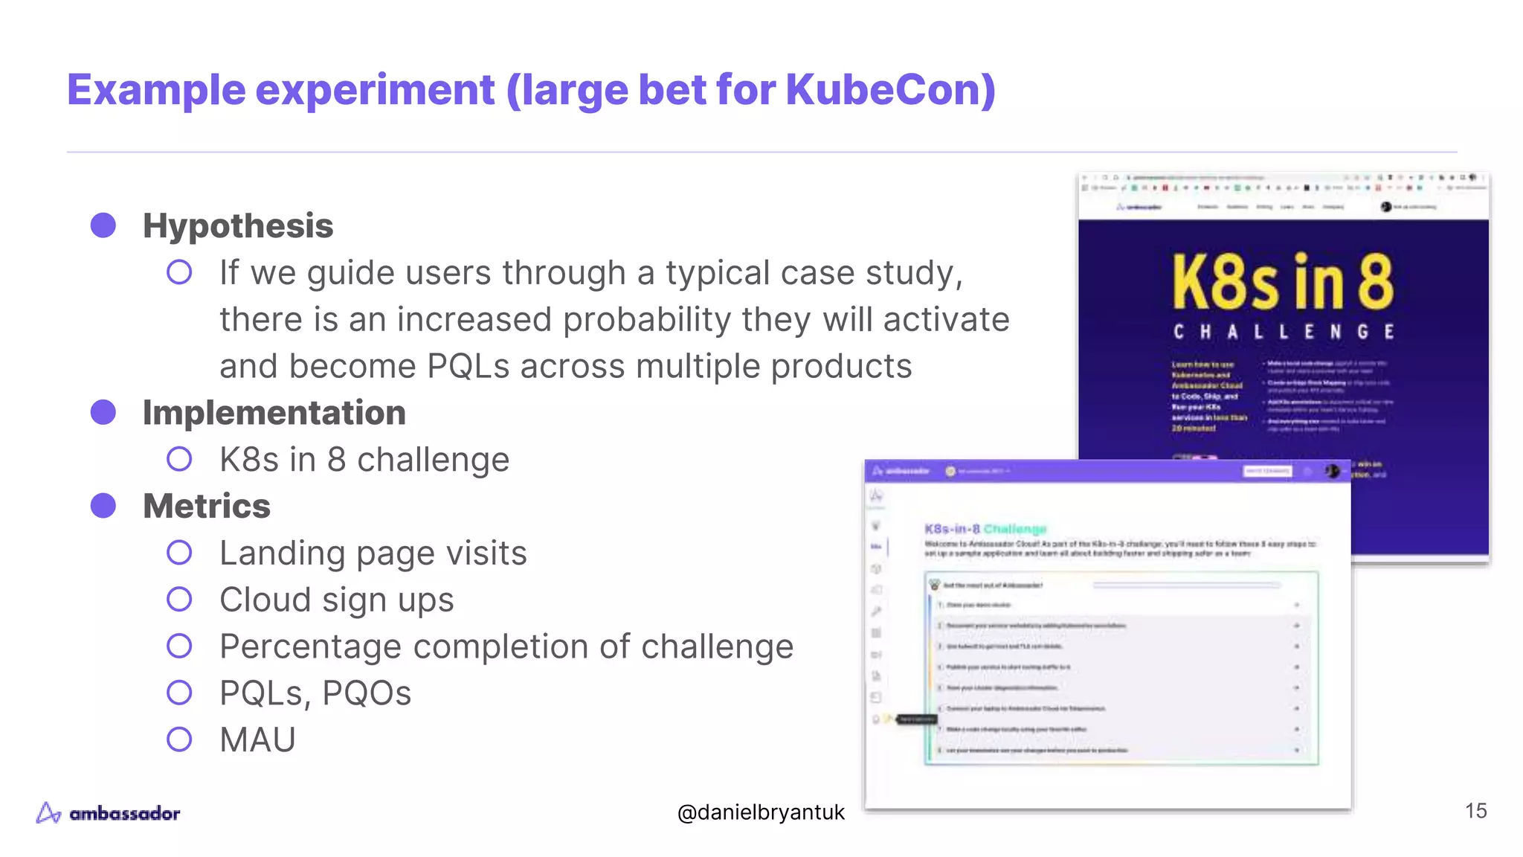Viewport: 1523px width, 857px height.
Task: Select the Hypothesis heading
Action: click(x=238, y=226)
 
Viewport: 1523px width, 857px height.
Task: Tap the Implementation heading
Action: click(x=274, y=413)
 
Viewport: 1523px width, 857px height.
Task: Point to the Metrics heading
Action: click(x=207, y=507)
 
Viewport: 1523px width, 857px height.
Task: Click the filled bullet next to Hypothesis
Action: click(x=103, y=225)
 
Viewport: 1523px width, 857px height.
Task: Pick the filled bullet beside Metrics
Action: click(x=103, y=506)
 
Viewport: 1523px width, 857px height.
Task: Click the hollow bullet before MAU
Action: click(x=179, y=739)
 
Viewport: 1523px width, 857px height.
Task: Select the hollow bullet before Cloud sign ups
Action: click(x=179, y=600)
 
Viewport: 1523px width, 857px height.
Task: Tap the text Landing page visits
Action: click(x=373, y=553)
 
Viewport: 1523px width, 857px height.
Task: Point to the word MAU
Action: click(x=257, y=740)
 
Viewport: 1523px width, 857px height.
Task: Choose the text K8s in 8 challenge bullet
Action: click(x=364, y=460)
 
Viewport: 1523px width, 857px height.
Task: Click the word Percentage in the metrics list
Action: click(x=310, y=646)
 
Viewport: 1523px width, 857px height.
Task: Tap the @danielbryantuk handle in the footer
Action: click(x=761, y=812)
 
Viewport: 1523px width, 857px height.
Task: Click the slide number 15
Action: click(x=1475, y=811)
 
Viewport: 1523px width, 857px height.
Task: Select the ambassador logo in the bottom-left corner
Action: click(x=109, y=813)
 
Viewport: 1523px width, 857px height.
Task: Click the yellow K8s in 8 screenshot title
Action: click(x=1283, y=283)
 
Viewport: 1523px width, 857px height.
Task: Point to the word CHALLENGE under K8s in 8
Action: click(x=1284, y=332)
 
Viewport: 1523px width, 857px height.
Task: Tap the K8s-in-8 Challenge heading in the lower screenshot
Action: click(x=985, y=529)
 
